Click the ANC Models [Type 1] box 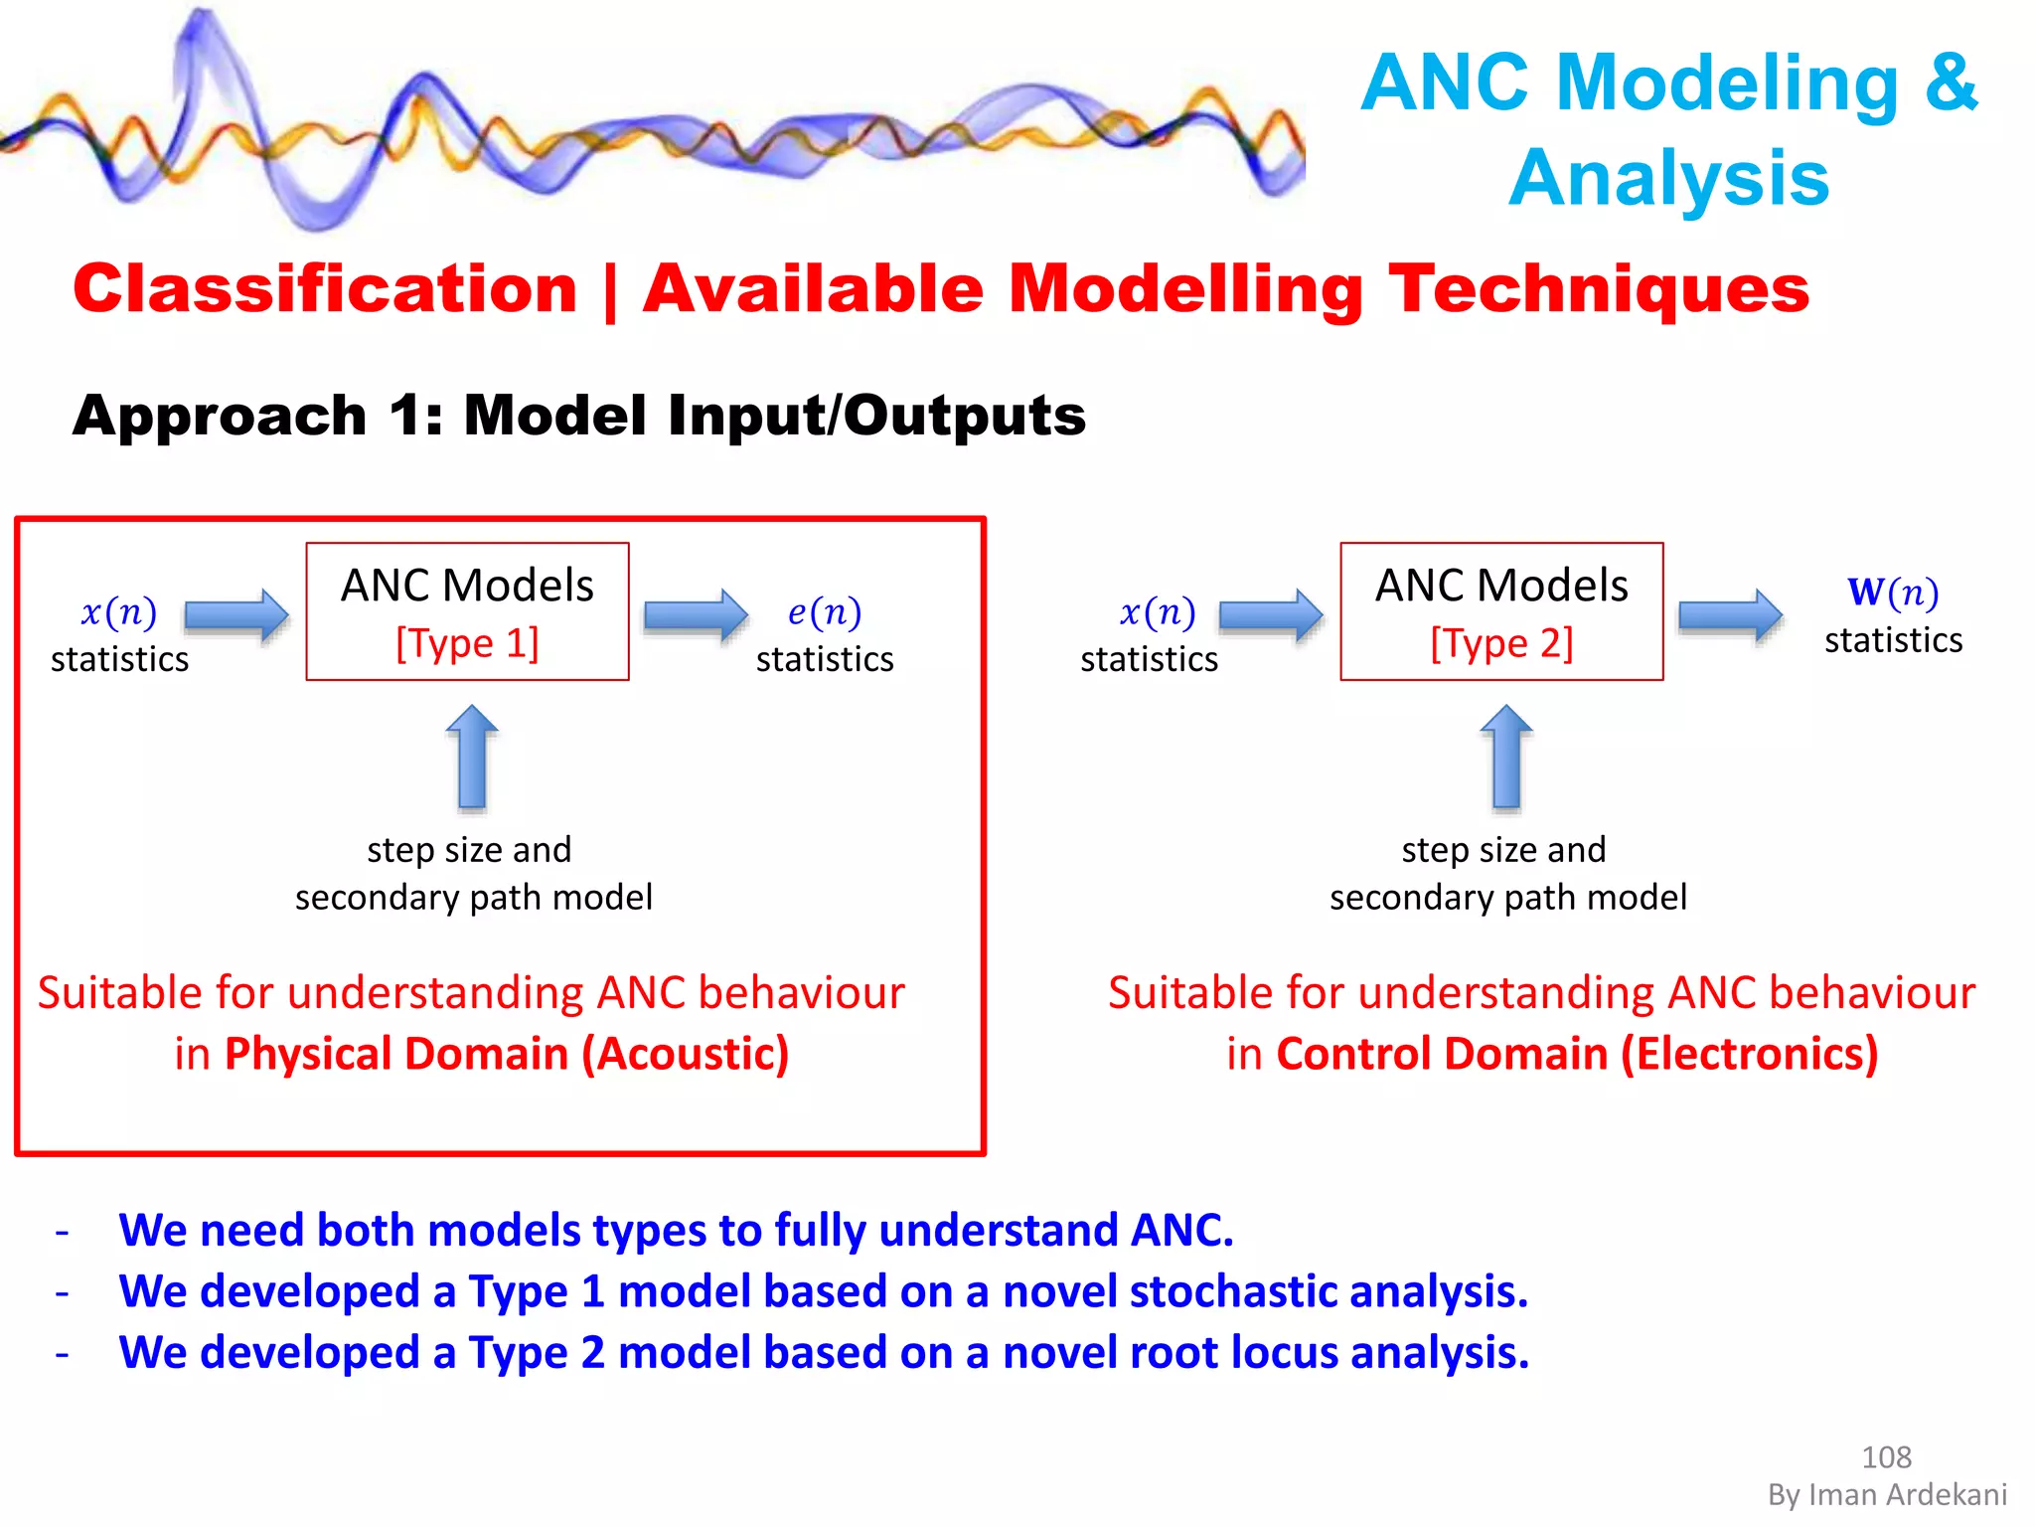(x=467, y=611)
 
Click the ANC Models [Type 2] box (x=1501, y=611)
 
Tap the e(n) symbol (x=824, y=611)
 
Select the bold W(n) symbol (x=1893, y=592)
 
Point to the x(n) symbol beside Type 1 (x=118, y=611)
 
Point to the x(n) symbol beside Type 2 (x=1157, y=611)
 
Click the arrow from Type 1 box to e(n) (x=696, y=615)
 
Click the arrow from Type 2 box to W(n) (x=1730, y=615)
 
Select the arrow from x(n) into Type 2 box (x=1271, y=615)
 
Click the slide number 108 (x=1886, y=1457)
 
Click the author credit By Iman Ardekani (x=1887, y=1495)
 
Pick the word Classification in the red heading (x=325, y=289)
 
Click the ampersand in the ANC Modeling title (x=1951, y=82)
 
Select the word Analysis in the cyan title (x=1668, y=178)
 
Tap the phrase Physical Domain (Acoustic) (x=507, y=1054)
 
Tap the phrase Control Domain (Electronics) (x=1577, y=1054)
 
